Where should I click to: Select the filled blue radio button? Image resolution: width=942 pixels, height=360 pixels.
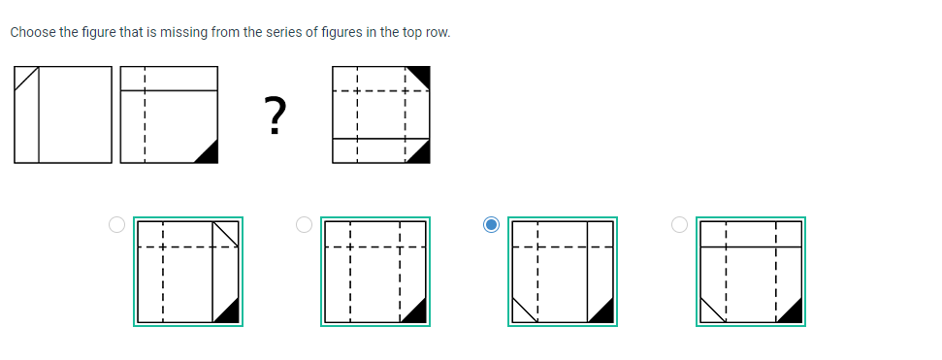coord(492,225)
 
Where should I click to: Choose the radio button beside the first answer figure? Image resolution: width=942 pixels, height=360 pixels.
coord(116,225)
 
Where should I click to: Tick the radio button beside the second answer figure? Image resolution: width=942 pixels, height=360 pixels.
coord(305,225)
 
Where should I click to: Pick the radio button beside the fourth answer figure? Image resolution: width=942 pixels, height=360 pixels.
coord(680,225)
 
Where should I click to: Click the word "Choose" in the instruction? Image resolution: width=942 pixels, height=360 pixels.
coord(32,33)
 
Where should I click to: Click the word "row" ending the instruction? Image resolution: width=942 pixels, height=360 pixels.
coord(439,33)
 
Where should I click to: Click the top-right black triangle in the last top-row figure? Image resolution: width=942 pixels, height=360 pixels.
coord(420,74)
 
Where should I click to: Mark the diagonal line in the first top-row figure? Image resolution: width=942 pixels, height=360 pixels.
coord(26,78)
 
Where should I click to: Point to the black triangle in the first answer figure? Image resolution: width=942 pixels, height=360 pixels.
coord(229,312)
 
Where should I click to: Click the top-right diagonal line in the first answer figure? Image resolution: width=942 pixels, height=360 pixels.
coord(225,236)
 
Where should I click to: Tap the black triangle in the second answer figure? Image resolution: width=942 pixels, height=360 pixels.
coord(417,312)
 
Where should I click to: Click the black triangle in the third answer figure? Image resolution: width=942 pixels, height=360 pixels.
coord(603,312)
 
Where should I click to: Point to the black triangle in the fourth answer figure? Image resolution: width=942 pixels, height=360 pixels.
coord(792,312)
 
